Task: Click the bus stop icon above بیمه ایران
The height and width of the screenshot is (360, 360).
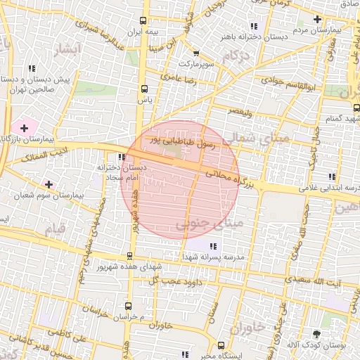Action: (145, 20)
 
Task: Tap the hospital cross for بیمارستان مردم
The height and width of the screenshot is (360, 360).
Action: (317, 19)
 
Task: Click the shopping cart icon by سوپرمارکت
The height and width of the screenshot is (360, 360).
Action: (196, 53)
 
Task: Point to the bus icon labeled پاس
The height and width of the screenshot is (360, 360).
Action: (145, 89)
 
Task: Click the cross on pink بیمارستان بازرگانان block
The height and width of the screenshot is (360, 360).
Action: (25, 128)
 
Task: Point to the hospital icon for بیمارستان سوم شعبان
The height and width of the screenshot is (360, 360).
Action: (49, 184)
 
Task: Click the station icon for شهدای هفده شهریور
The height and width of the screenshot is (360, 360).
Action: (129, 256)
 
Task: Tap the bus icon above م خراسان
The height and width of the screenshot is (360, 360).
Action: (127, 306)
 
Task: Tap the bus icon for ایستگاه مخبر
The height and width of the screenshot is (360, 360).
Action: (222, 346)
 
